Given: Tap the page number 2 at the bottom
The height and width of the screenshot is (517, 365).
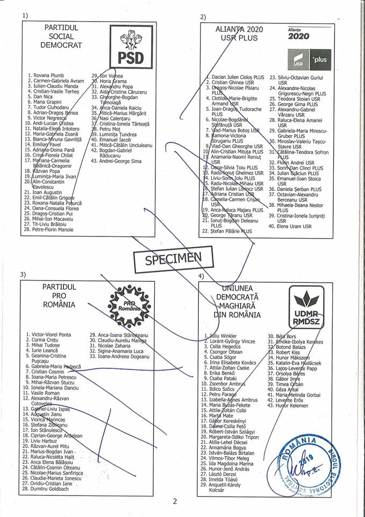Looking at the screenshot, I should tap(175, 501).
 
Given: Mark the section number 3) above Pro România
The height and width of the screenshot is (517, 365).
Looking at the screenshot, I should tap(23, 275).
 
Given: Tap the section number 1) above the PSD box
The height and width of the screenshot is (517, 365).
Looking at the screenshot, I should tap(26, 15).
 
